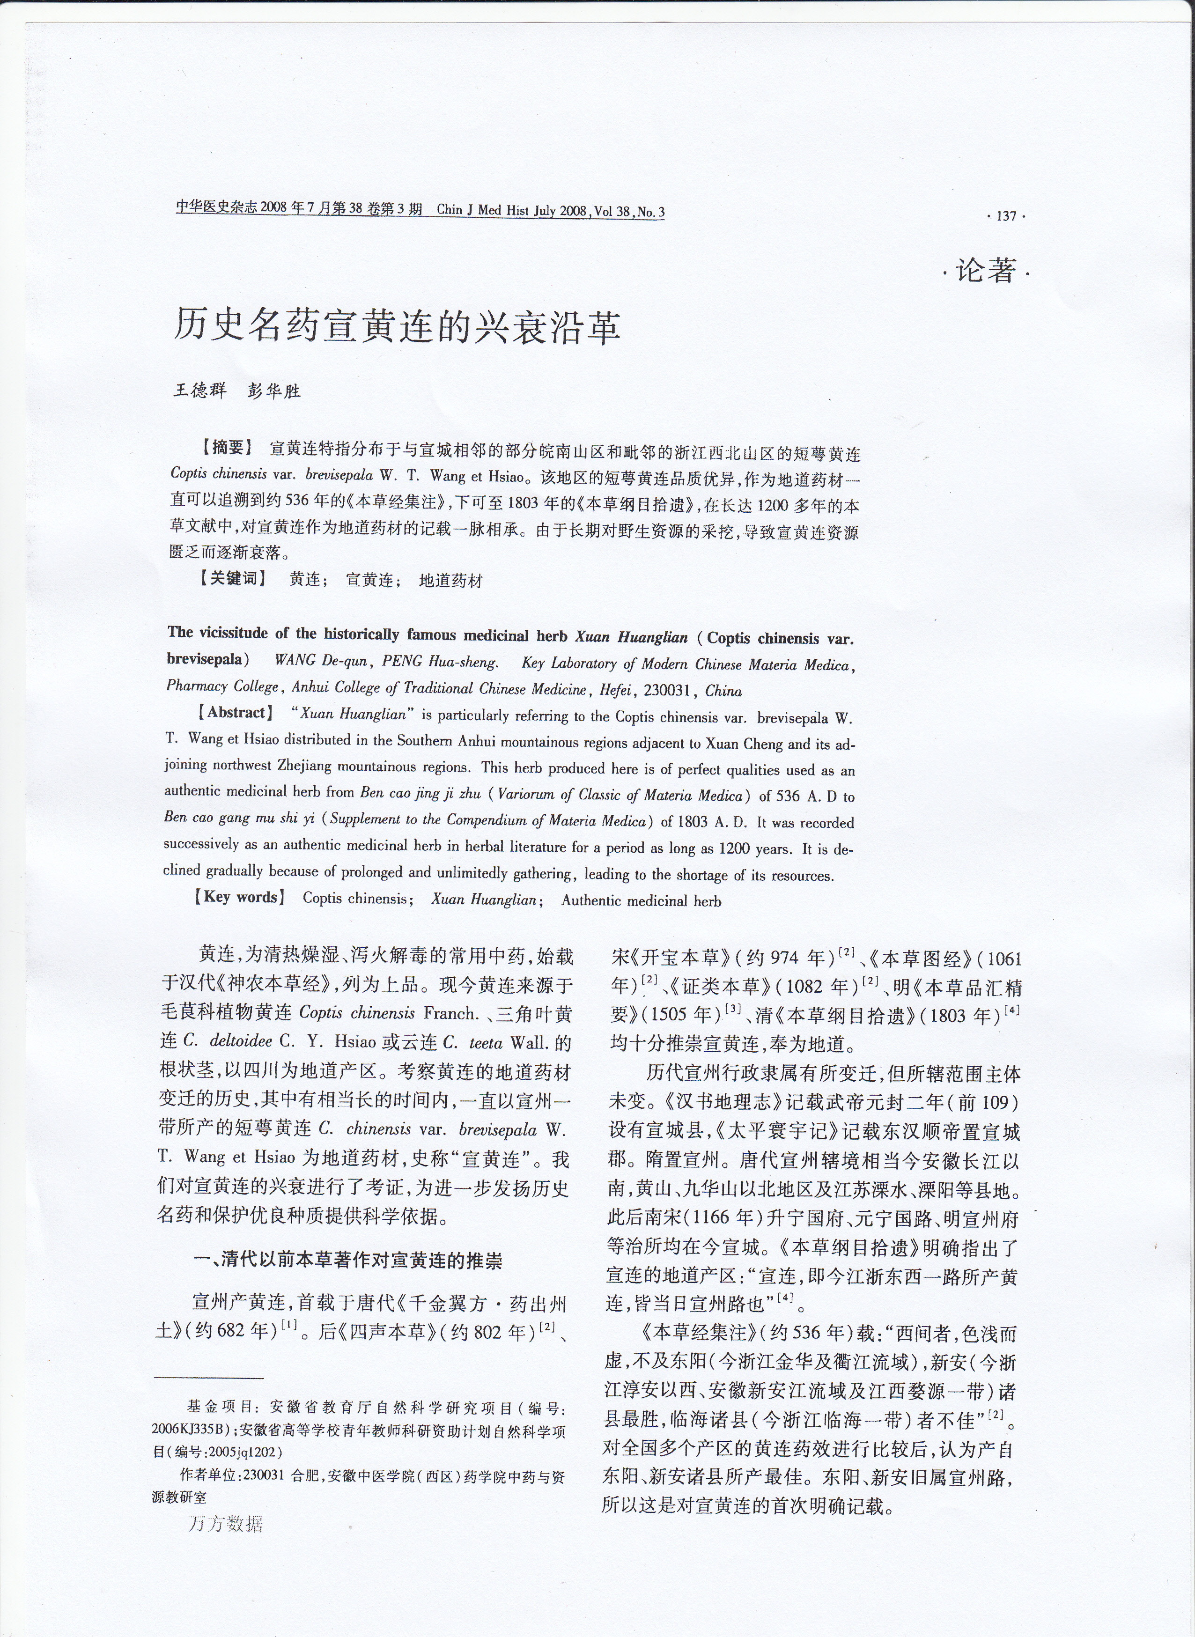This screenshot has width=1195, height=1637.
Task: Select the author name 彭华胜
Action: (x=273, y=391)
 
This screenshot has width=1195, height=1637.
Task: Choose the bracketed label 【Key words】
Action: (x=239, y=898)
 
